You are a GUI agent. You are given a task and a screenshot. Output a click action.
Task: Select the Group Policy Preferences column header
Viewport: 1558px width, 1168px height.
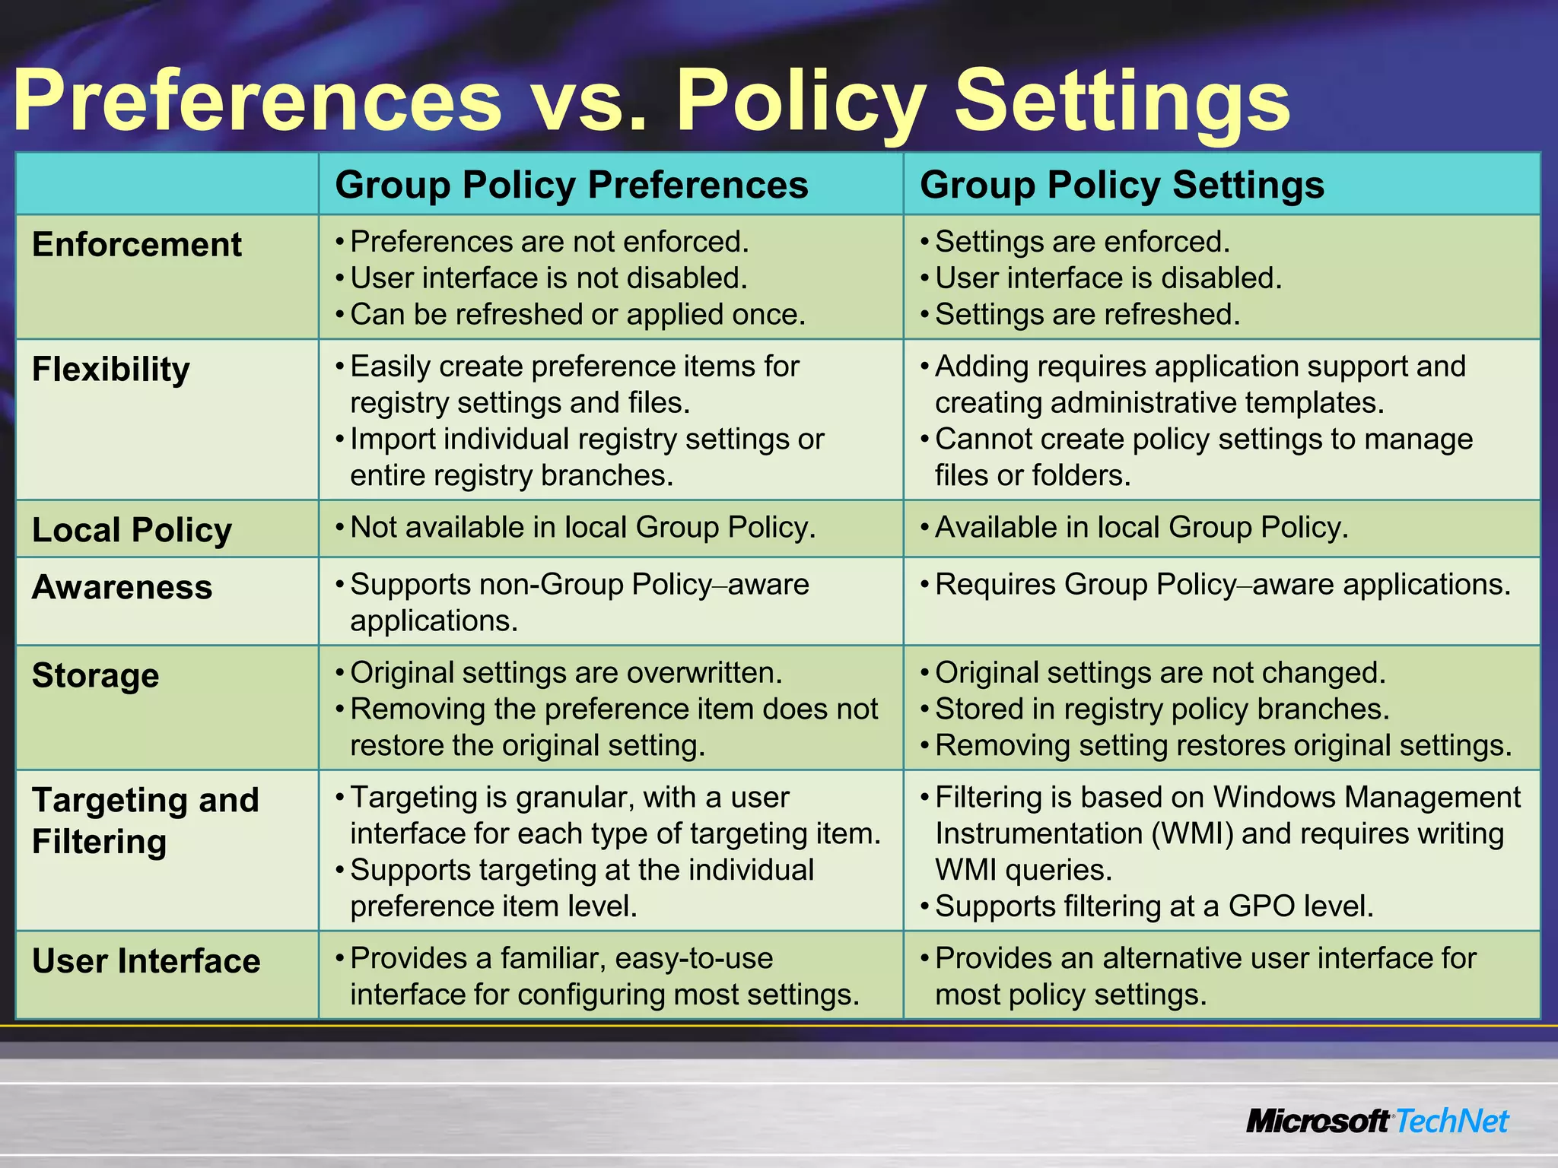click(x=571, y=185)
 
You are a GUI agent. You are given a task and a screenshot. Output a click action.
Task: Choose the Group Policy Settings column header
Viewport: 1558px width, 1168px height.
click(x=1122, y=185)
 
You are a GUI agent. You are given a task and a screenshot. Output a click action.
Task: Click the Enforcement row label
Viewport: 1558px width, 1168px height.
click(x=137, y=245)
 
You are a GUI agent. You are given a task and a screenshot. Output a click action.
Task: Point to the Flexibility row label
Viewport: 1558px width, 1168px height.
click(x=111, y=370)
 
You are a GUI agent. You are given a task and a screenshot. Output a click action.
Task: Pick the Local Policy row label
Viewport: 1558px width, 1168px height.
click(x=132, y=530)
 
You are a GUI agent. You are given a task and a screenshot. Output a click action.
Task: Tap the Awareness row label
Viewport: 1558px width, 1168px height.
click(x=122, y=587)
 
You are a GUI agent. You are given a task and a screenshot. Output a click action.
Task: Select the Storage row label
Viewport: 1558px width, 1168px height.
click(x=96, y=675)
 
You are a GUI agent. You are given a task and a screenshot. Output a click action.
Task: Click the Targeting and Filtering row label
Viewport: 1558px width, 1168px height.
click(x=145, y=820)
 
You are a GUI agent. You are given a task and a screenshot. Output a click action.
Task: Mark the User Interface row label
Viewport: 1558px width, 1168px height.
click(x=146, y=961)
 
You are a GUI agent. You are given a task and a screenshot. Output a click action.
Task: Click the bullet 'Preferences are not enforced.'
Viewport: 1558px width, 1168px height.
click(x=549, y=242)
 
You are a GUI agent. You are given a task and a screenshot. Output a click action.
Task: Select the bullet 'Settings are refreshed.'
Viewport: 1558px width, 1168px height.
click(x=1087, y=314)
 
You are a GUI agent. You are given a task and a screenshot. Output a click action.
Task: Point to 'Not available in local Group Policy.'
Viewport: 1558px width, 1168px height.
click(x=583, y=527)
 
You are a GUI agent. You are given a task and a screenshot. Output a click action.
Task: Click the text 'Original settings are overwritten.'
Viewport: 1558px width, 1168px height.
click(x=566, y=672)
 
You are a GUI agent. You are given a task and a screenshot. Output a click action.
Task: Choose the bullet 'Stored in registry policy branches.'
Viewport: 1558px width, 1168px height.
click(x=1162, y=709)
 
